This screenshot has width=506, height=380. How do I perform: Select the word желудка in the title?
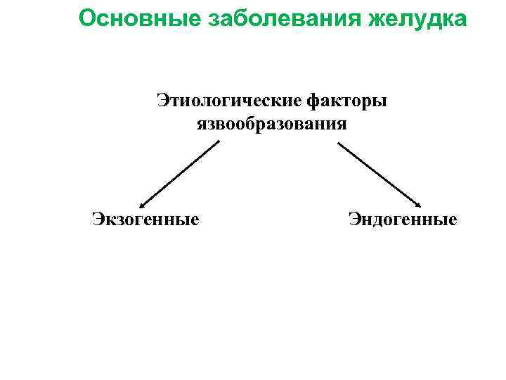coord(415,19)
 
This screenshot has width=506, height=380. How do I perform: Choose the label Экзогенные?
coord(145,220)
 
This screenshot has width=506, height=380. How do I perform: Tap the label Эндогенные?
coord(403,220)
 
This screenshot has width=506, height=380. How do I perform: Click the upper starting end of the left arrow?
coord(219,142)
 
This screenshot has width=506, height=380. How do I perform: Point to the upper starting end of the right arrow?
coord(339,144)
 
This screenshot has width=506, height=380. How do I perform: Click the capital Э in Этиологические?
coord(162,101)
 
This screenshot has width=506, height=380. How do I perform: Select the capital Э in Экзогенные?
coord(97,220)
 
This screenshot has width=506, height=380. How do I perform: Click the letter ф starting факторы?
coord(313,102)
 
